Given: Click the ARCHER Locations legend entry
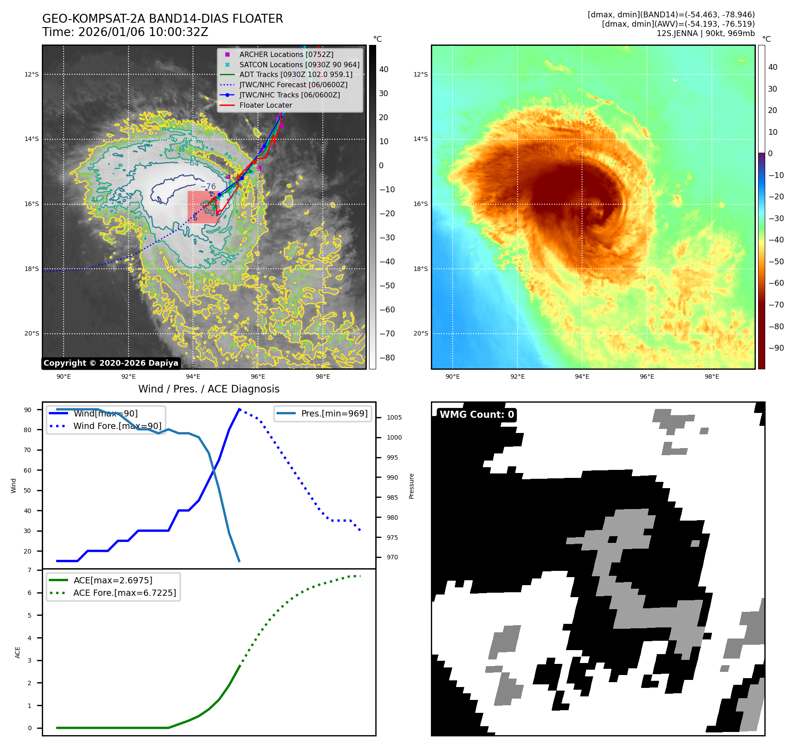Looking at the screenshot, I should point(286,54).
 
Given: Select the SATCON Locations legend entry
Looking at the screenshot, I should point(299,65).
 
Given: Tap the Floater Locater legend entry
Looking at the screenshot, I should point(265,105).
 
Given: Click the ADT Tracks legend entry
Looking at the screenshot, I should point(296,75).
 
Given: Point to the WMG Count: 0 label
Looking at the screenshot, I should point(477,415).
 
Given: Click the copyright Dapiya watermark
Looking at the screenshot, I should point(111,363).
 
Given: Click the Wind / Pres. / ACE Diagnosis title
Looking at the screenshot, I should point(209,389).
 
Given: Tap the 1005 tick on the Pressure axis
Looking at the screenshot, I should point(394,417).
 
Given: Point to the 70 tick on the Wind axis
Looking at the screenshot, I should point(28,450).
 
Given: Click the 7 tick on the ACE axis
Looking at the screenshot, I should point(29,570).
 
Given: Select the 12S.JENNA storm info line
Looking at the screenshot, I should point(705,33).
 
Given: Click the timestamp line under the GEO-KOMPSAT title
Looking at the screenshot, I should point(125,32).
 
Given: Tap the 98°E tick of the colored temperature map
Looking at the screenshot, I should point(711,376).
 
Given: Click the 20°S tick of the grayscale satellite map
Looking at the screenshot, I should point(32,333).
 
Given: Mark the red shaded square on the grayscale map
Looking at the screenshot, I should point(203,207).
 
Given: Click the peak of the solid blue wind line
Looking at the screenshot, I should point(239,409).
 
